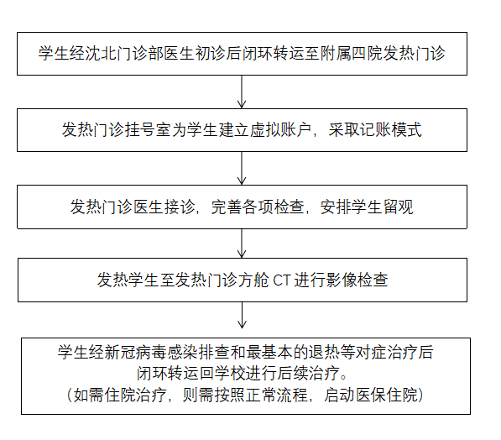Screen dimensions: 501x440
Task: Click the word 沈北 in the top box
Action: (101, 53)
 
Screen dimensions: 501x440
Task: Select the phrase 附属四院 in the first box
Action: (352, 53)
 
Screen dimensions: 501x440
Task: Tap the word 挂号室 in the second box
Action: (148, 130)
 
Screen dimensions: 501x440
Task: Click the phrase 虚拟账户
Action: (281, 130)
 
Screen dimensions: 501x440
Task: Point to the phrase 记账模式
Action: (391, 130)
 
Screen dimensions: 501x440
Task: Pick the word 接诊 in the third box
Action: (180, 207)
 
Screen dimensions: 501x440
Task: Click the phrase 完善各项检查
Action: (258, 207)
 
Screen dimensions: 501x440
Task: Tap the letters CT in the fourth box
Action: (281, 280)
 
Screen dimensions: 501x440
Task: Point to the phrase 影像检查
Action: (357, 280)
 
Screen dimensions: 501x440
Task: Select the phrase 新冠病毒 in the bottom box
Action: (135, 353)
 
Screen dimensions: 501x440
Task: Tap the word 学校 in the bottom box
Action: (231, 374)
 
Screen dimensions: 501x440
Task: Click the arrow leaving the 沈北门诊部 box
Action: (242, 92)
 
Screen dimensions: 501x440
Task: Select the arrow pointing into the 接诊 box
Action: (242, 168)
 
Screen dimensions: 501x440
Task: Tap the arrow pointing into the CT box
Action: (242, 244)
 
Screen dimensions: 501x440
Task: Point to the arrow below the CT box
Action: (242, 315)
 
